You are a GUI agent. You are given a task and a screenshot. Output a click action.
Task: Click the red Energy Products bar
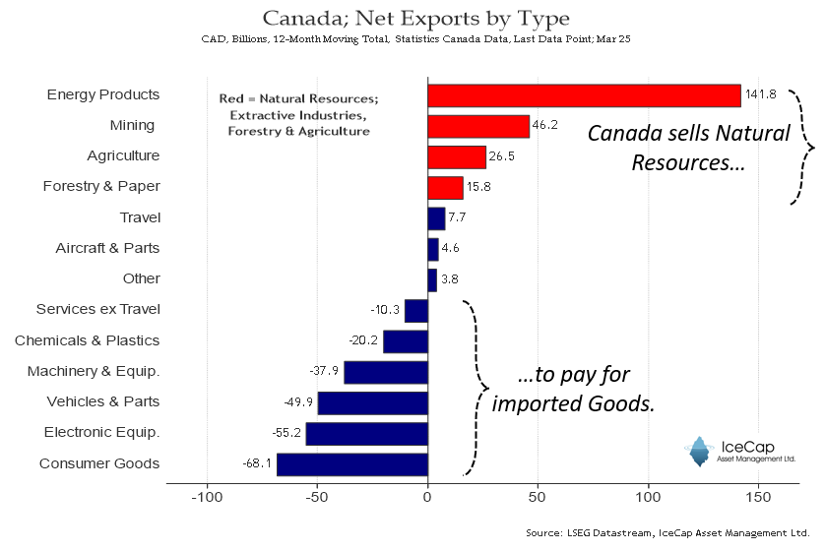(584, 95)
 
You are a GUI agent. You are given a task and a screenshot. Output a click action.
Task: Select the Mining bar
(478, 126)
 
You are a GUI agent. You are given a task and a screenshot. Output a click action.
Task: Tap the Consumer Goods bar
(352, 463)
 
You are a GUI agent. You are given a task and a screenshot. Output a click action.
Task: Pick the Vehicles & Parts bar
(372, 402)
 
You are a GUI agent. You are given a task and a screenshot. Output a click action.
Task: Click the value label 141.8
(761, 94)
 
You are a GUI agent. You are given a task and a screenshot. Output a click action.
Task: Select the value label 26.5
(505, 156)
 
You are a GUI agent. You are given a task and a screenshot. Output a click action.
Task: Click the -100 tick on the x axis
(207, 498)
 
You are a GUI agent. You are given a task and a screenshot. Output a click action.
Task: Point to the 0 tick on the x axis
(427, 498)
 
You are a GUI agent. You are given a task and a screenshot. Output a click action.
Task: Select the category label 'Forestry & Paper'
(101, 187)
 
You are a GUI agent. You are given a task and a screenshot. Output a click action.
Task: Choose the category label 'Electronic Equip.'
(101, 433)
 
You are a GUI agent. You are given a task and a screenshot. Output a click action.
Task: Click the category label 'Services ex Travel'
(97, 310)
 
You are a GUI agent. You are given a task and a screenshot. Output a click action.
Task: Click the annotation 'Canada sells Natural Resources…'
(688, 147)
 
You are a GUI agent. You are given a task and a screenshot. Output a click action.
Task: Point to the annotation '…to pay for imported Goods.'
(573, 389)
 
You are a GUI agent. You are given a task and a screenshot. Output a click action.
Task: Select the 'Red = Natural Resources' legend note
(298, 115)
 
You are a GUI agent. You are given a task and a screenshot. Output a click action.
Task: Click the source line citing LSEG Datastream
(667, 533)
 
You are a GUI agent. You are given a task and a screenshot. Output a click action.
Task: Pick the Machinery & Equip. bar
(385, 372)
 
